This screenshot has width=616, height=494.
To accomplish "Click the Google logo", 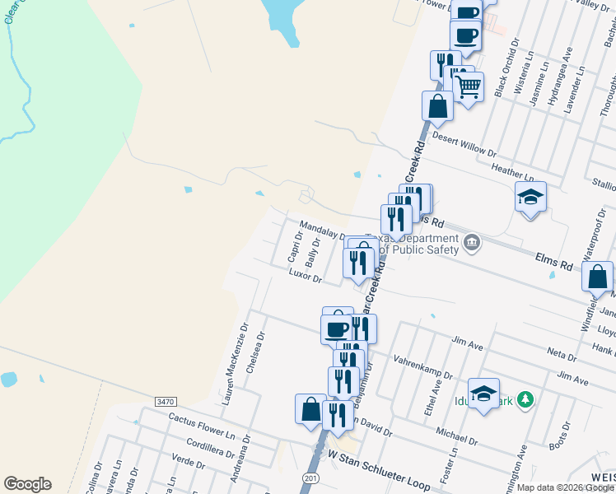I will tap(27, 484).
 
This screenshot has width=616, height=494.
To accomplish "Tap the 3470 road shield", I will tap(165, 401).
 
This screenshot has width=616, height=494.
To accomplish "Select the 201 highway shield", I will tap(310, 478).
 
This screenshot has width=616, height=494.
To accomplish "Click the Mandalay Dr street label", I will tap(322, 231).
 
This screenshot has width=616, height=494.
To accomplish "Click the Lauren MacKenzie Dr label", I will tap(235, 365).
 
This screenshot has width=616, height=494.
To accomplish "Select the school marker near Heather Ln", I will tap(530, 198).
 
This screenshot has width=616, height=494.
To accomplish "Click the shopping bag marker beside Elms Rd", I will tap(598, 277).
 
